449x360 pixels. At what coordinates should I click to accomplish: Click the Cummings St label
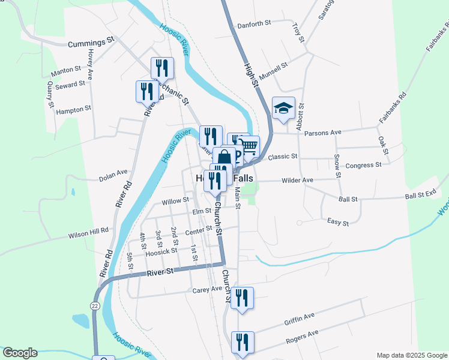click(91, 43)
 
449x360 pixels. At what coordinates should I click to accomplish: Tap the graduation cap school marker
click(283, 109)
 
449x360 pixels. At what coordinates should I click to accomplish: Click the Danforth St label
click(255, 23)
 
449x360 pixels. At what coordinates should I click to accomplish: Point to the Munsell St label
click(274, 67)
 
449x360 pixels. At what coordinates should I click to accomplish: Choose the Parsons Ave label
click(322, 132)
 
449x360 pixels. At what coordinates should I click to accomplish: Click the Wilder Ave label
click(298, 180)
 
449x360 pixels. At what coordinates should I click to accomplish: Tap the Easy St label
click(338, 223)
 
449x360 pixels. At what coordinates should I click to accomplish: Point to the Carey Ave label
click(208, 290)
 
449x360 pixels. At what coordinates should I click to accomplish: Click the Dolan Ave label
click(113, 177)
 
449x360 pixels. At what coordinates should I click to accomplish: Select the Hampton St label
click(73, 109)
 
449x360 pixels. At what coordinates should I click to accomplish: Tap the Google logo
click(20, 353)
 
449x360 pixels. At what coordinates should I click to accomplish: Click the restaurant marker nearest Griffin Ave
click(242, 298)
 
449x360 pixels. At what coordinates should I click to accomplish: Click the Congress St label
click(364, 165)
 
